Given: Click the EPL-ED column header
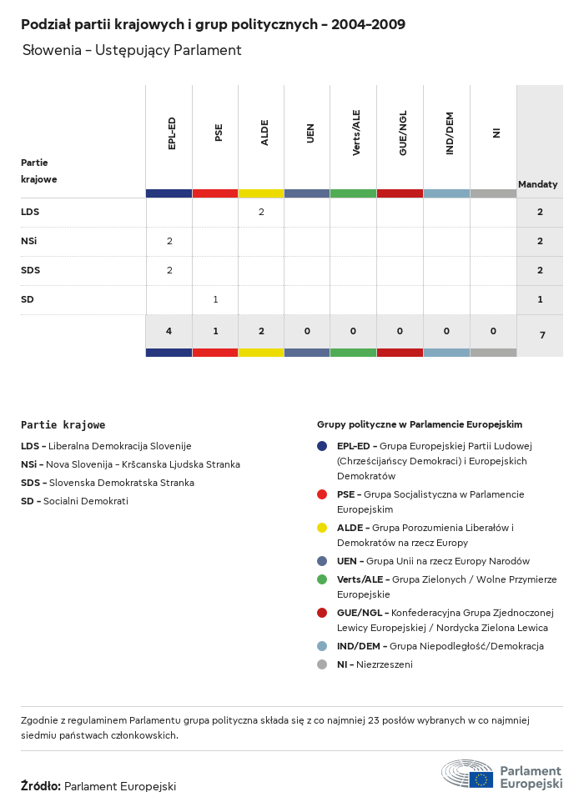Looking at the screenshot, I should point(171,133).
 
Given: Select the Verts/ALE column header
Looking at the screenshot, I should point(356,133).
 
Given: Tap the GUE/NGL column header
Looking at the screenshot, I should point(403,133).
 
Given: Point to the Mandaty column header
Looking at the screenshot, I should point(538,184).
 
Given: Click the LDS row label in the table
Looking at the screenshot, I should point(30,212).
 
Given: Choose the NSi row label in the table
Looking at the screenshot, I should point(29,241).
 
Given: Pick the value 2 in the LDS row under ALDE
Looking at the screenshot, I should point(261,212).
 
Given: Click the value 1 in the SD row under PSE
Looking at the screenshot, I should point(215,299).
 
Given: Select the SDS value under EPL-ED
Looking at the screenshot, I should point(169,270).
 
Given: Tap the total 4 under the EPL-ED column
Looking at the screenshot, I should point(169,331).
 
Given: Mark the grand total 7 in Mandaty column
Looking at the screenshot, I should point(542,335).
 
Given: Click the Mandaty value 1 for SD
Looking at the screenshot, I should point(540,299).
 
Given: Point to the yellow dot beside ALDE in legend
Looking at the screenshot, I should point(322,528).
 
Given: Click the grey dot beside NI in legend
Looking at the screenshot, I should point(322,664).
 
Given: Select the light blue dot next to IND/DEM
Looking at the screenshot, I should point(322,646).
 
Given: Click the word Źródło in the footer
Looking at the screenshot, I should point(40,786).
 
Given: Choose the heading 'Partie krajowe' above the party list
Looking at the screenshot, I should point(63,425).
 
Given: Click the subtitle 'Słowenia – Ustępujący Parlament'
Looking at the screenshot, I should point(132,50).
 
